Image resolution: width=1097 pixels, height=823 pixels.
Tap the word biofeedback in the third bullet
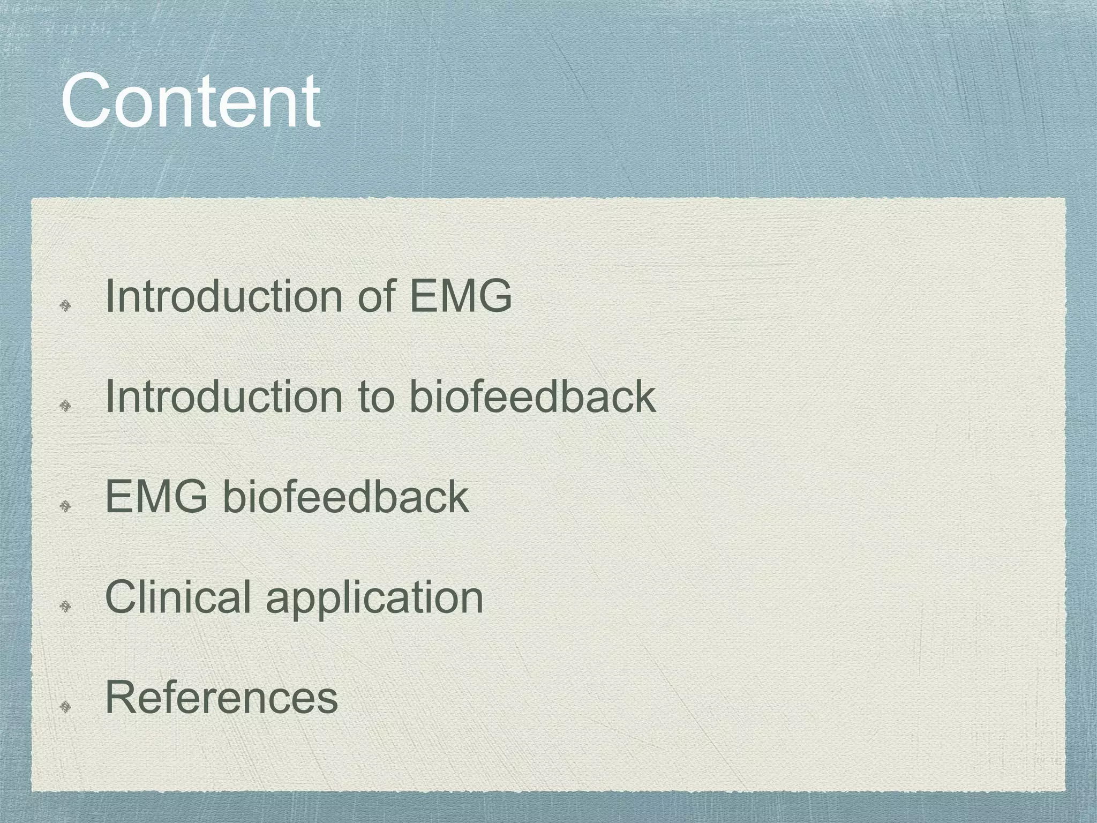pos(345,497)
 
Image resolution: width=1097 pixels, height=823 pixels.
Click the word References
pos(222,697)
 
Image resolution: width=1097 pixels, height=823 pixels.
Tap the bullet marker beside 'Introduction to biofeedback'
pos(65,406)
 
